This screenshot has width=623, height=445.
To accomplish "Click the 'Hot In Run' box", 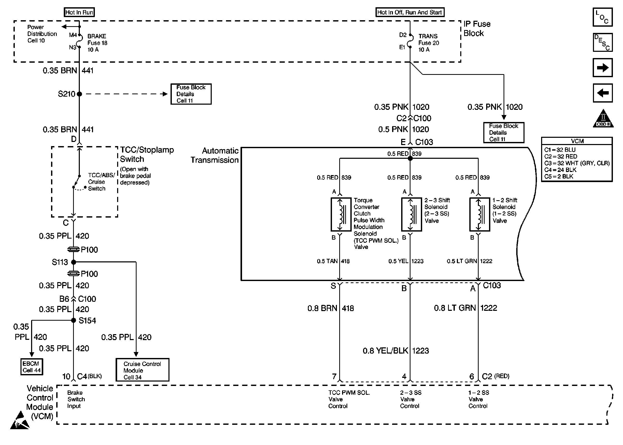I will coord(79,12).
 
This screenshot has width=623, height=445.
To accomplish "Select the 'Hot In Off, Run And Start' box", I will coord(409,12).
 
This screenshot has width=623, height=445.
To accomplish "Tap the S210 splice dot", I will coord(80,94).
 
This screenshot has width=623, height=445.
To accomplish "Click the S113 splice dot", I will coord(73,262).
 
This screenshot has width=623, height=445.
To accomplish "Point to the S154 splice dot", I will coord(73,320).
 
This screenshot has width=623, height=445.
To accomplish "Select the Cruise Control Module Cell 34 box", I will coord(142,370).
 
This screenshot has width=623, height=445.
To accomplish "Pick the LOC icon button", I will coord(603,17).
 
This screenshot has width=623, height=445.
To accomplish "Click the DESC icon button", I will coord(603,42).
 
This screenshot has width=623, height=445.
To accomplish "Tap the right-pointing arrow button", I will coord(603,68).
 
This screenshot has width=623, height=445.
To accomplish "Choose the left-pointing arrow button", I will coord(603,93).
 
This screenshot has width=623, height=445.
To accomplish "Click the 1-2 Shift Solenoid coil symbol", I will coord(479,214).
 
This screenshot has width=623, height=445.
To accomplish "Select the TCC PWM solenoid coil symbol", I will coord(341,214).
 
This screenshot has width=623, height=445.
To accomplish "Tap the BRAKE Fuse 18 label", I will coord(97,43).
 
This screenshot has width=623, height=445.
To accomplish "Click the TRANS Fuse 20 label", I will coord(428,43).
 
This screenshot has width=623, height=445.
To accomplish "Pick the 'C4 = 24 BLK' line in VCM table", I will coord(560,170).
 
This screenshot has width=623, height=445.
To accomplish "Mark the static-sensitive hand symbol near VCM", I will coord(20,420).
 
